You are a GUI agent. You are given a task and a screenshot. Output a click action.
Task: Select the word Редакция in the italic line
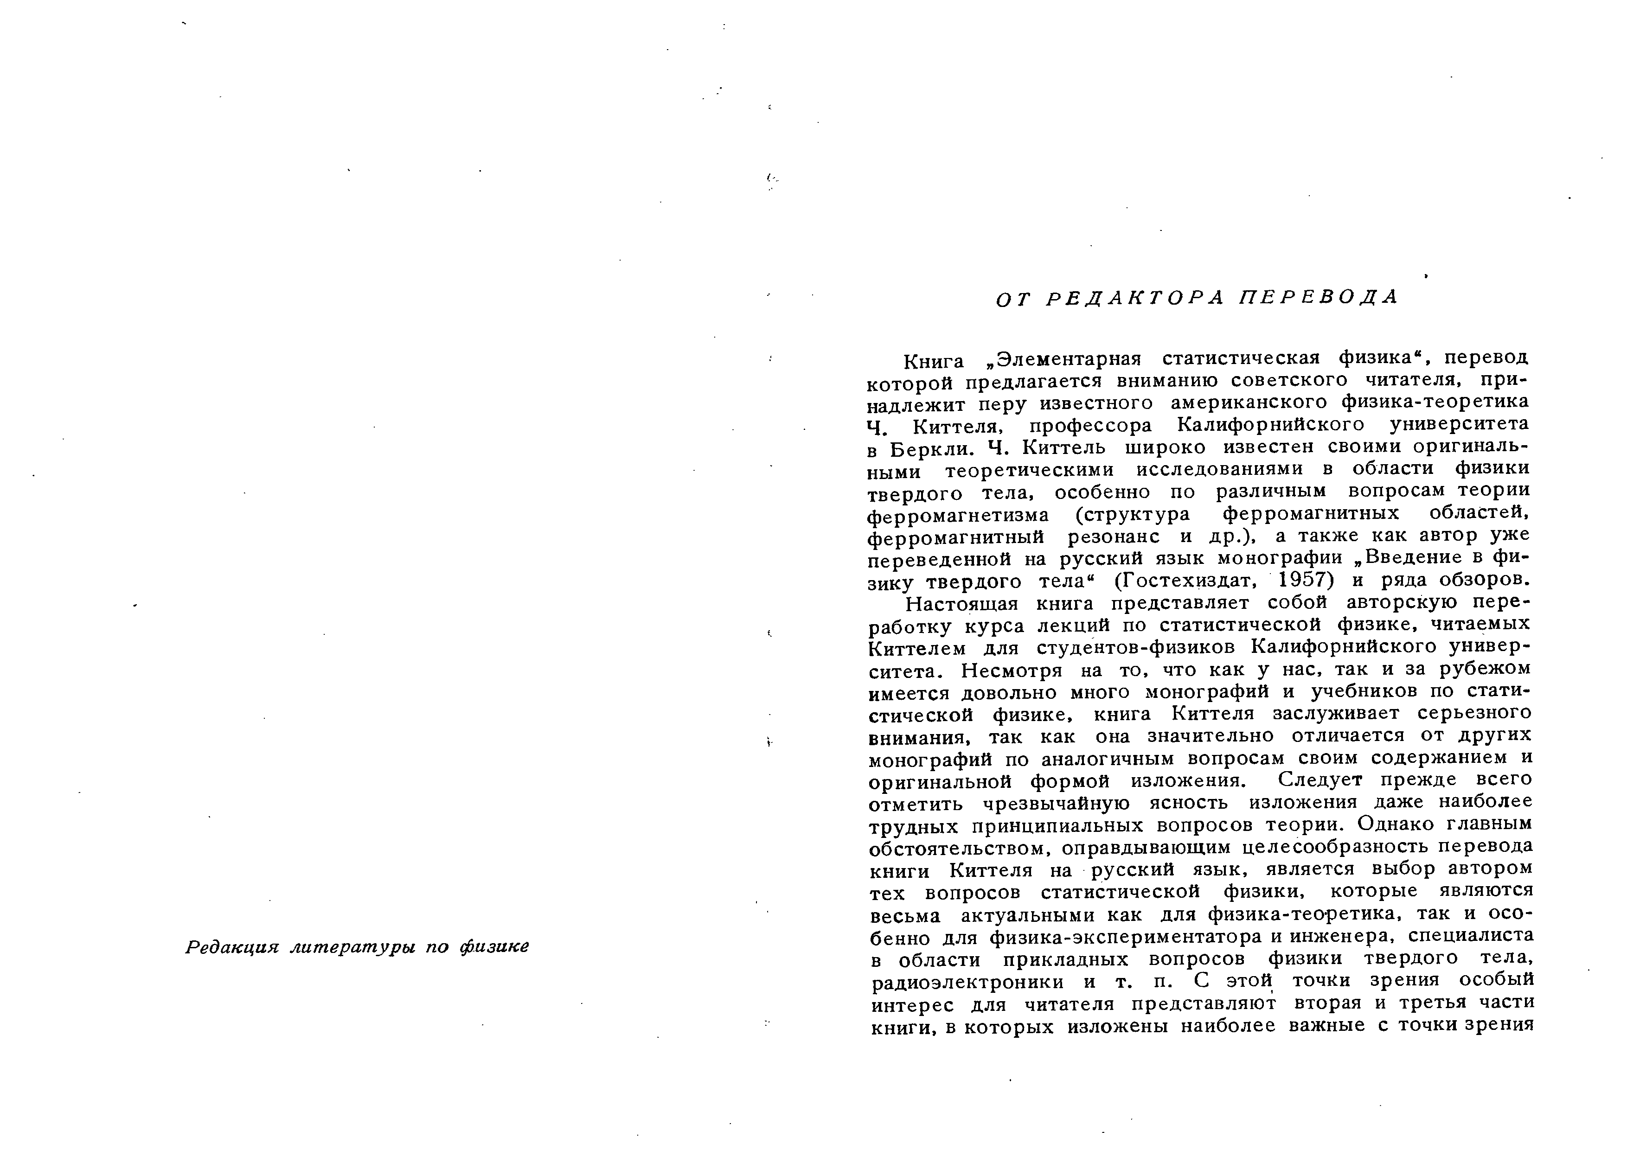[x=232, y=947]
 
